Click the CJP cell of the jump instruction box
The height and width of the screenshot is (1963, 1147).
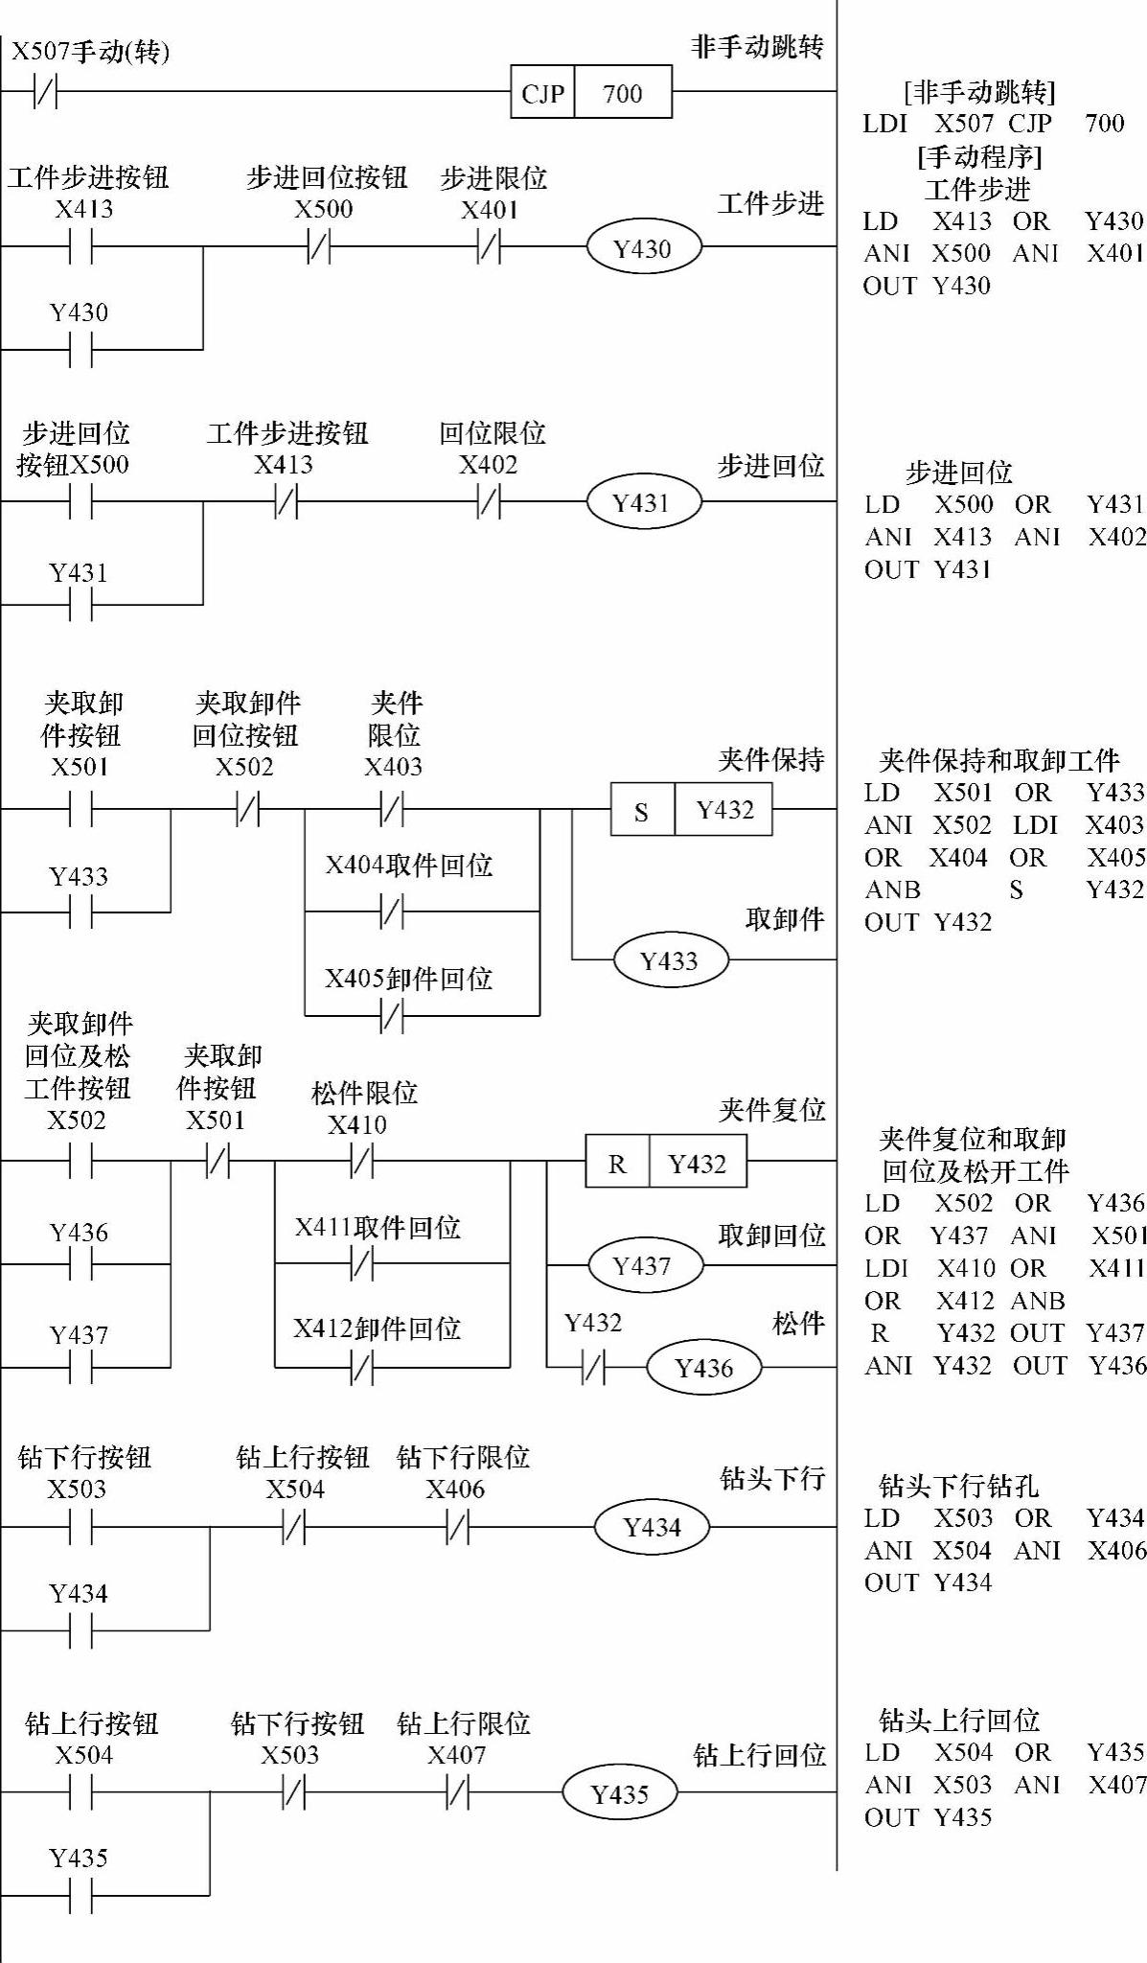coord(542,93)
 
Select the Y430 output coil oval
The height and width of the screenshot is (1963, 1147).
coord(643,248)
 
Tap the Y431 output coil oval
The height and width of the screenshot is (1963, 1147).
coord(642,502)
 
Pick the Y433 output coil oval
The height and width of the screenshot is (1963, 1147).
coord(670,959)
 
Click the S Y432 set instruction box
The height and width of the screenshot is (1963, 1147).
coord(691,810)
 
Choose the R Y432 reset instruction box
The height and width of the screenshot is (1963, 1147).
coord(666,1163)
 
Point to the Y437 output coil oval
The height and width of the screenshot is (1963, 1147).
coord(644,1265)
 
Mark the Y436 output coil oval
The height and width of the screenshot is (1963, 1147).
coord(703,1367)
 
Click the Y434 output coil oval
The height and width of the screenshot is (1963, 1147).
coord(652,1527)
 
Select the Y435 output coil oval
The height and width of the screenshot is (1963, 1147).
coord(620,1793)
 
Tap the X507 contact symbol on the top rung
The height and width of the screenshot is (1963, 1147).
coord(45,93)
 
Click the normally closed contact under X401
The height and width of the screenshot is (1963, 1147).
coord(489,248)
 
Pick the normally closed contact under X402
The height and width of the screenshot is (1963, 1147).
coord(489,502)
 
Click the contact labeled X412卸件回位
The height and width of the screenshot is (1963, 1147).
coord(362,1368)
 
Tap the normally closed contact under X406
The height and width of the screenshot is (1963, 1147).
coord(458,1528)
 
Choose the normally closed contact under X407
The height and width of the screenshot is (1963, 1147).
coord(458,1793)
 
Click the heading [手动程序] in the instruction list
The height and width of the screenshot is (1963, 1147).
coord(978,156)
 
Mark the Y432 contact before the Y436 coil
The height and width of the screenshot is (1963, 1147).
coord(594,1367)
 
